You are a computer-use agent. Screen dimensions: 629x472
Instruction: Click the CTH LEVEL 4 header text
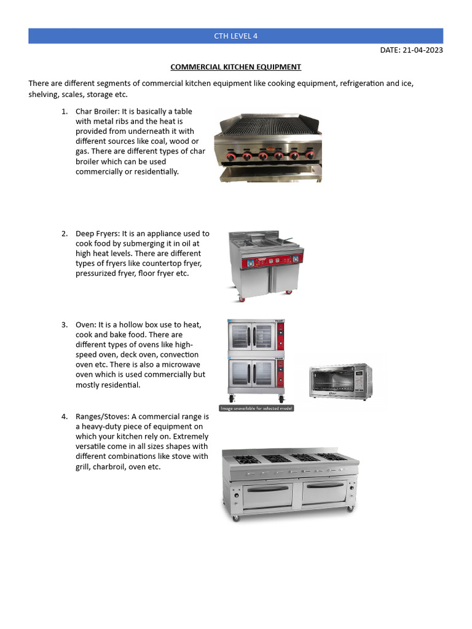[x=235, y=36]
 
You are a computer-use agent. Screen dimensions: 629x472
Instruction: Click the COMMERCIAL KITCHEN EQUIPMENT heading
[x=235, y=67]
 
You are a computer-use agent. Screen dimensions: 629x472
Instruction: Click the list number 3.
[x=65, y=325]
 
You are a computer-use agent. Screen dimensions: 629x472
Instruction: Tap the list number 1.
[x=65, y=112]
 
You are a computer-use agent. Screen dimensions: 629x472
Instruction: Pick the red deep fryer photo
[x=265, y=266]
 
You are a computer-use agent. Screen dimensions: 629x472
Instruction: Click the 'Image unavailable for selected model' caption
[x=256, y=408]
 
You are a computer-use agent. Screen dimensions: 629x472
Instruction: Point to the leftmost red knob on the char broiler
[x=231, y=157]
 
